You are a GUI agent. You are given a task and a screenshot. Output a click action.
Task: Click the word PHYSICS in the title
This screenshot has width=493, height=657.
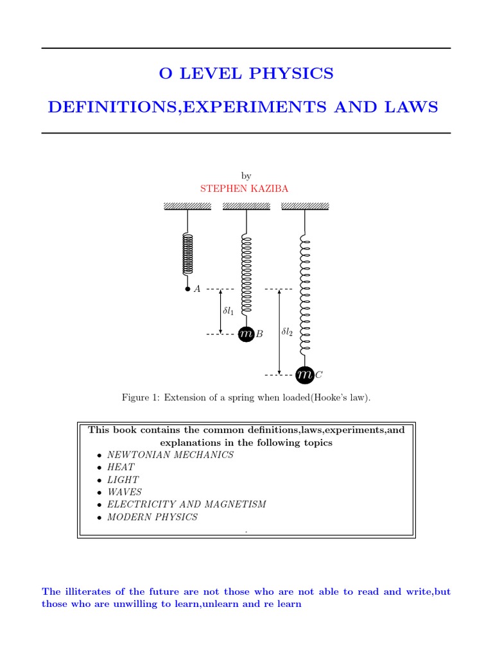[297, 74]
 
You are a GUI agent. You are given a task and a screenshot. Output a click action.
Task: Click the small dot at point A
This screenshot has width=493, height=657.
[187, 289]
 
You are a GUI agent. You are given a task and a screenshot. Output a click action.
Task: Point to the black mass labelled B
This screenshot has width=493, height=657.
[246, 334]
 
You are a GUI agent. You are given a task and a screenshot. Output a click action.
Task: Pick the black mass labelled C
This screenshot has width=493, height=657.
[304, 374]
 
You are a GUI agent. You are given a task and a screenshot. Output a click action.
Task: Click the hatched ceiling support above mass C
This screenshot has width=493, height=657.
[305, 206]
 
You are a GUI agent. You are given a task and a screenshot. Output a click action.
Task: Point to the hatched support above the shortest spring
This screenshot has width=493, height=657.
[187, 206]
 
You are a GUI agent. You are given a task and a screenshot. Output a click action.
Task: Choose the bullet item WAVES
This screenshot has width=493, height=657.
[125, 491]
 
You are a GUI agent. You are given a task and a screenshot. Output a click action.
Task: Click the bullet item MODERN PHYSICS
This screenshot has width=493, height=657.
[152, 516]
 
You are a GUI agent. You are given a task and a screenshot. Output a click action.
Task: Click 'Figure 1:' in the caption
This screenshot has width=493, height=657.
[140, 398]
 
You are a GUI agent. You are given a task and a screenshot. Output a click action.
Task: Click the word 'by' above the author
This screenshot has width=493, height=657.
[246, 176]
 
